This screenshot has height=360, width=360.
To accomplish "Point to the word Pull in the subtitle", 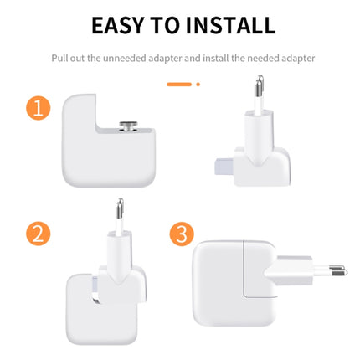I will point(59,59).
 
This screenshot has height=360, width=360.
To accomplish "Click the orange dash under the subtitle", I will point(179,84).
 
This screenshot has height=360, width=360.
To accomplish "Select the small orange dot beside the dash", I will point(198,84).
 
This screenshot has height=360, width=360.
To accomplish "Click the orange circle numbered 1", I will point(39,108).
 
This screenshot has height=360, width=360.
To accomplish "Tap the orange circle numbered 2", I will point(39,232).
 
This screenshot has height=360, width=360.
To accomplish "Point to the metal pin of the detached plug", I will point(259,87).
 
